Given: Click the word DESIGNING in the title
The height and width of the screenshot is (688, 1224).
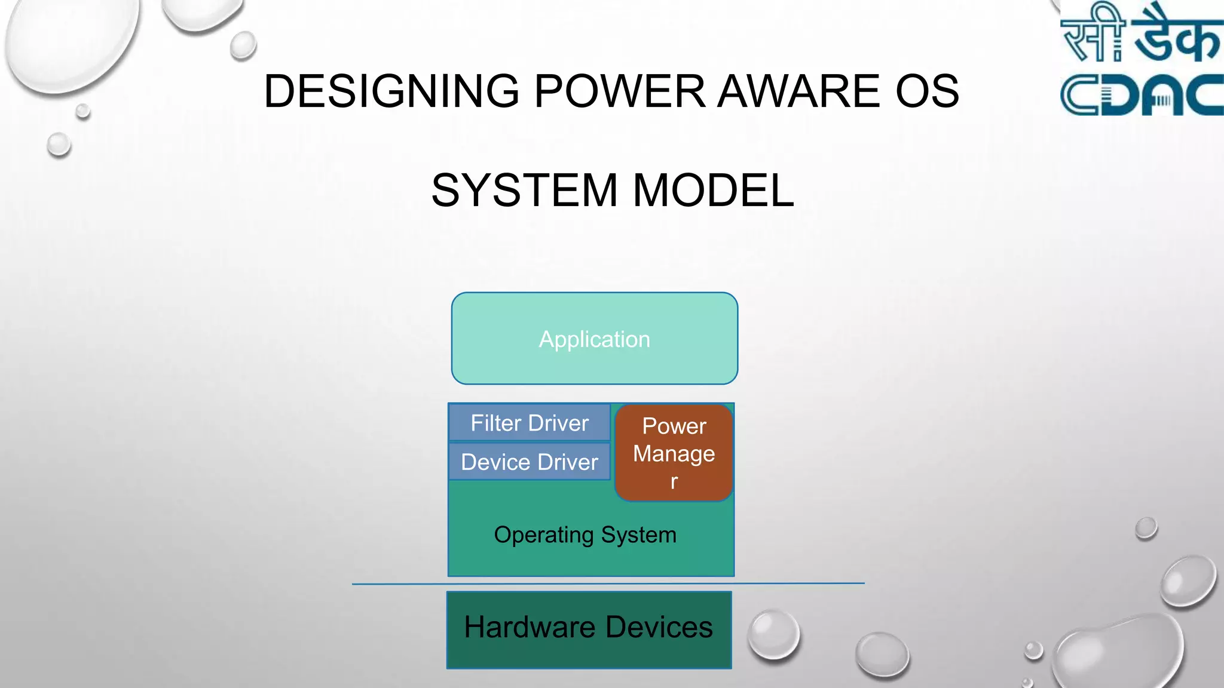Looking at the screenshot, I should pos(391,91).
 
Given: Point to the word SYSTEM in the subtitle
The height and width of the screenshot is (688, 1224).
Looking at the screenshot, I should pos(524,191).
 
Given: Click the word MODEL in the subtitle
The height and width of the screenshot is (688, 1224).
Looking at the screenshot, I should pos(713,191).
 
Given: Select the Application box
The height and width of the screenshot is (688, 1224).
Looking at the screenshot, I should pos(594,339).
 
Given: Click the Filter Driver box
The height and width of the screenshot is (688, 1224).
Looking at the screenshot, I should pos(530,423).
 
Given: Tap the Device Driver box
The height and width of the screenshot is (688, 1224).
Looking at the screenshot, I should pos(530,462).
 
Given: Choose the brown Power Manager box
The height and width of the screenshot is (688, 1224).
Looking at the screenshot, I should pos(674,453).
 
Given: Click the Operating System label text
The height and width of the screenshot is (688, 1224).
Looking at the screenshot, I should pos(585,535).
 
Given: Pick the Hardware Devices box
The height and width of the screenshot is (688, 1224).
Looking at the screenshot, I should pos(589,629).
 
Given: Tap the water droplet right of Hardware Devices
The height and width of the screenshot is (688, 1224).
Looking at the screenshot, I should pos(773,635).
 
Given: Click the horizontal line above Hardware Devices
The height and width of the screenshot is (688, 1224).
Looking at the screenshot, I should pos(608,583).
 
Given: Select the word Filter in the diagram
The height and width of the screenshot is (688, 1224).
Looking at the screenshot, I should pos(495,423).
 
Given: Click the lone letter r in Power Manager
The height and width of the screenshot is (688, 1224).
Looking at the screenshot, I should pos(674,481).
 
